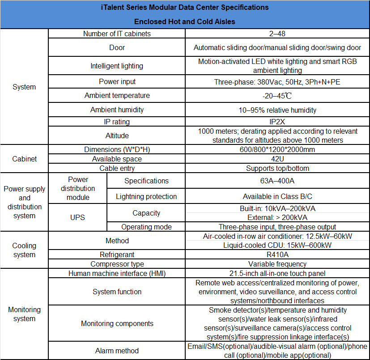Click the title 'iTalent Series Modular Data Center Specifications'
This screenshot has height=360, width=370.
185,8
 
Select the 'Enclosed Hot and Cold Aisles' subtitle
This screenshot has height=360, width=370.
185,21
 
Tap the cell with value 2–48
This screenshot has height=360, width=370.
277,34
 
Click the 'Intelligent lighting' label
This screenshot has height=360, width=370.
117,66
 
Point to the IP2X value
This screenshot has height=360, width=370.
277,122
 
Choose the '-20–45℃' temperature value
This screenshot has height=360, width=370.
277,96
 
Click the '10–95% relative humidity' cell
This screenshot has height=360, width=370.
277,110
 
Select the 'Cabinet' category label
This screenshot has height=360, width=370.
24,159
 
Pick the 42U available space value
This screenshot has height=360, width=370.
277,159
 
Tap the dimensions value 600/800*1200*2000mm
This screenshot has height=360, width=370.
277,150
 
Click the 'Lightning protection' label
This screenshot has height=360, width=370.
146,197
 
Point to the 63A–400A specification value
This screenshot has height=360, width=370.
277,181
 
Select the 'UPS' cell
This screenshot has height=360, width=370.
77,218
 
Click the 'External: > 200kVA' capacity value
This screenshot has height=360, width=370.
277,218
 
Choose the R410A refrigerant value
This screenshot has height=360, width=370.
277,254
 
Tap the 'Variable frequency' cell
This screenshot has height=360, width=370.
277,264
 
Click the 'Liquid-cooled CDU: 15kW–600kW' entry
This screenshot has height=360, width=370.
277,245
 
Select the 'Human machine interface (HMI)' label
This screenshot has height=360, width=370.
117,273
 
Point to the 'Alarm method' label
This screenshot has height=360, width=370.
117,351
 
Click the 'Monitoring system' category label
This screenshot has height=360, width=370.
24,314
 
